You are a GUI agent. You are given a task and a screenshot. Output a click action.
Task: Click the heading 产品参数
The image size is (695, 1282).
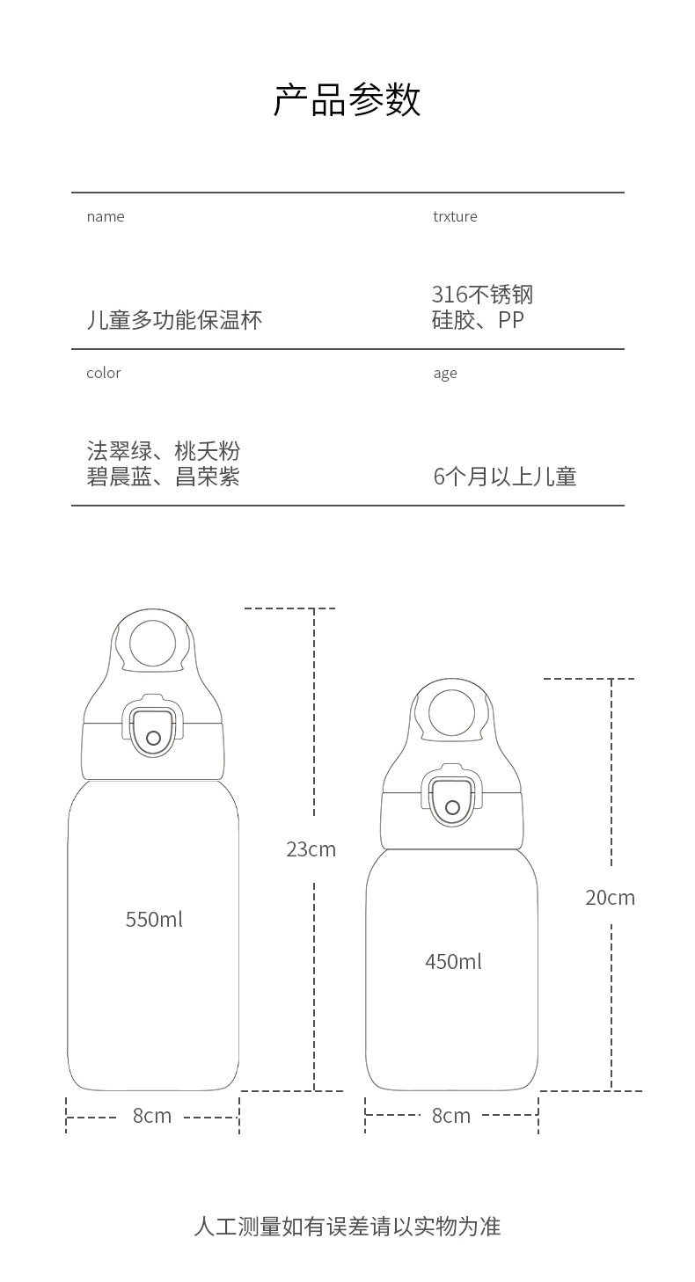coord(347,100)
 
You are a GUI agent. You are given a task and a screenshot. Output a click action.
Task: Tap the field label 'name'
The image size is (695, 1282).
coord(106,216)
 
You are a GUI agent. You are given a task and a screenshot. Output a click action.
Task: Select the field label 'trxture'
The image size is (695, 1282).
coord(455,216)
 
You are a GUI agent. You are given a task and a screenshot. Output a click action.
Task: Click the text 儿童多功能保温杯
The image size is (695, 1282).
coord(174,319)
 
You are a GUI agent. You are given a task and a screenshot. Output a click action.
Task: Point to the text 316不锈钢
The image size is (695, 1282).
coord(482,295)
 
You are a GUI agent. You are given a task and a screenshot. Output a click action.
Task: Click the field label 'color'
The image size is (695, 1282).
coord(103,373)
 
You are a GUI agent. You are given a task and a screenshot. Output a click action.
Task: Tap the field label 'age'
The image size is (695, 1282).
coord(445,374)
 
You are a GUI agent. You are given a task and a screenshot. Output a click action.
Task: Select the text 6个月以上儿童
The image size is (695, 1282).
coord(505,477)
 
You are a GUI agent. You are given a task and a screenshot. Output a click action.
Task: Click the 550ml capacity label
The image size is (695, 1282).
coord(154,920)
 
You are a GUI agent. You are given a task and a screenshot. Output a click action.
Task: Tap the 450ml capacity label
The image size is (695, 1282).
coord(453,962)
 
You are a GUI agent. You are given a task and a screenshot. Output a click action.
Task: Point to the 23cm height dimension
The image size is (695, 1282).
coord(311,849)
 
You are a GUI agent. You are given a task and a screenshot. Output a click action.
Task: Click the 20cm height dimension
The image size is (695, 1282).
coord(610,898)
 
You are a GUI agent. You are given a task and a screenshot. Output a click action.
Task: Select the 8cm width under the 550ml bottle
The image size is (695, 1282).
coord(152,1116)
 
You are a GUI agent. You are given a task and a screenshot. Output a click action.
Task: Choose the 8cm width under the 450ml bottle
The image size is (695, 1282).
coord(451,1116)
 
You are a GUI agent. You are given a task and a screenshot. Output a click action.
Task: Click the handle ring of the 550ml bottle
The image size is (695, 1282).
coord(153,643)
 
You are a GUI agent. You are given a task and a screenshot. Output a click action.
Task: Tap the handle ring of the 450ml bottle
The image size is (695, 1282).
coord(452,713)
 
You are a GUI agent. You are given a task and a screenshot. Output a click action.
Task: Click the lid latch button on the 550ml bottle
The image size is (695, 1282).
coord(154,737)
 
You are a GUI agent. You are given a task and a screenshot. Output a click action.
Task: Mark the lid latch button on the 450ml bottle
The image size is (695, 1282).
coord(452,807)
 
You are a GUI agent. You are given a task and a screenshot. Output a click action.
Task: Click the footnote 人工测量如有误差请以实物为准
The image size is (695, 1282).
coord(347,1227)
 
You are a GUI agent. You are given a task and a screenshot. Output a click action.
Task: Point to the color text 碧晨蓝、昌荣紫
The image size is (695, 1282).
coord(163,477)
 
